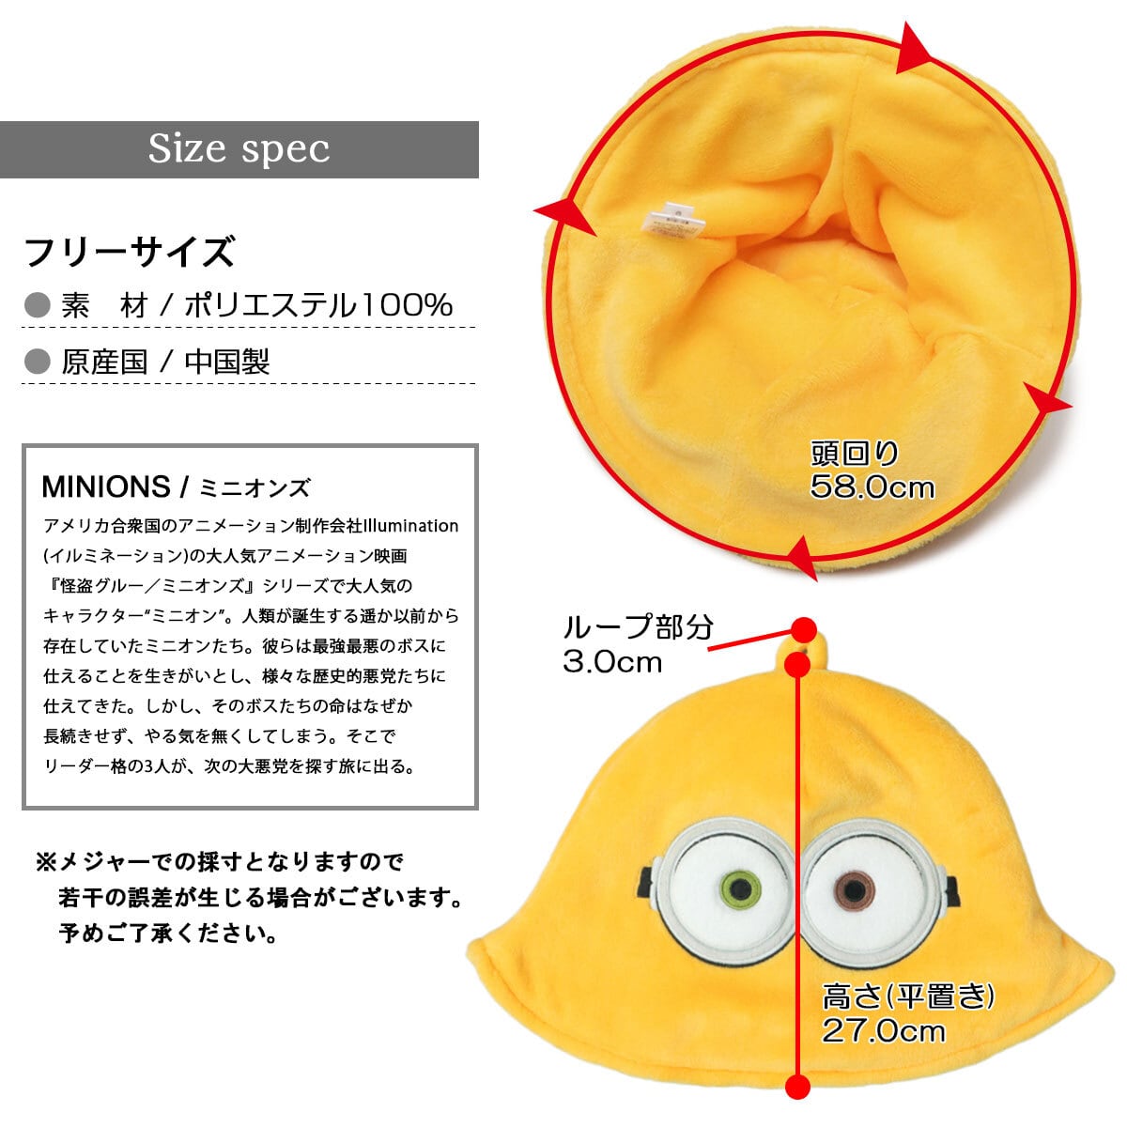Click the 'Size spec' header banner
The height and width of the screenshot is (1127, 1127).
coord(239,149)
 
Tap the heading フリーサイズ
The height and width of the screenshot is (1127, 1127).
coord(129,253)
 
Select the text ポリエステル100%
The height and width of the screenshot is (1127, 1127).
coord(318,305)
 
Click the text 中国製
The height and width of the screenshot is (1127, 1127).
coord(227,362)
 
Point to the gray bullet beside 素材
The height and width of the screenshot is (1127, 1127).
coord(37,305)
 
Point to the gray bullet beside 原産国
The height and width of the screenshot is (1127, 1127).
coord(37,362)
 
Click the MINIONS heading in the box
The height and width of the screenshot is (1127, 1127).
coord(105,486)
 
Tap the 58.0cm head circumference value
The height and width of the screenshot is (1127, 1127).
coord(872,486)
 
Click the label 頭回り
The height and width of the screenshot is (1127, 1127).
coord(855,455)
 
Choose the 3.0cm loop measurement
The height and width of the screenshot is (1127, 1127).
coord(612,661)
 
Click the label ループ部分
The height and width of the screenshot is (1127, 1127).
coord(638,626)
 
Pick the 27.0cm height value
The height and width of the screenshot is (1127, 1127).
coord(883,1030)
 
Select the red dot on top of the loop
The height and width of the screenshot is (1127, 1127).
coord(803,628)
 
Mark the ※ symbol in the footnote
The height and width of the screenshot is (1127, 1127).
coord(46,861)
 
